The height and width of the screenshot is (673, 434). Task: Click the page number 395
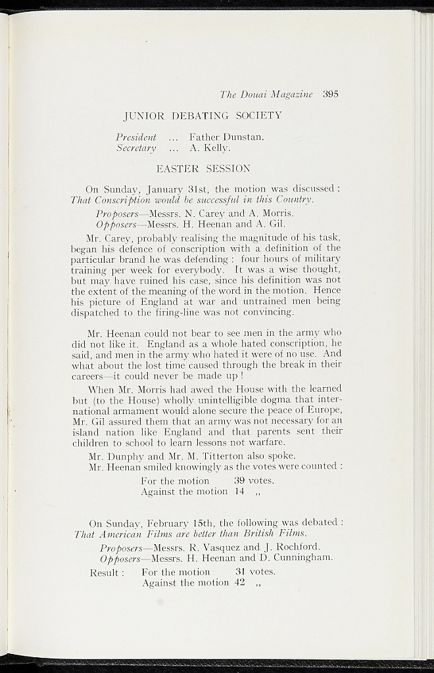pyautogui.click(x=331, y=94)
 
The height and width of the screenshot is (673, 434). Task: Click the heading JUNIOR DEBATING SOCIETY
pyautogui.click(x=203, y=116)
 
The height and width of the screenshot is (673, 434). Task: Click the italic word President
pyautogui.click(x=136, y=137)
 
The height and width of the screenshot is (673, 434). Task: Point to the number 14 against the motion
pyautogui.click(x=239, y=491)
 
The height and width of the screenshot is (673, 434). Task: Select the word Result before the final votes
pyautogui.click(x=105, y=572)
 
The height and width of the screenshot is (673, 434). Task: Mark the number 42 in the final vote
pyautogui.click(x=239, y=583)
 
